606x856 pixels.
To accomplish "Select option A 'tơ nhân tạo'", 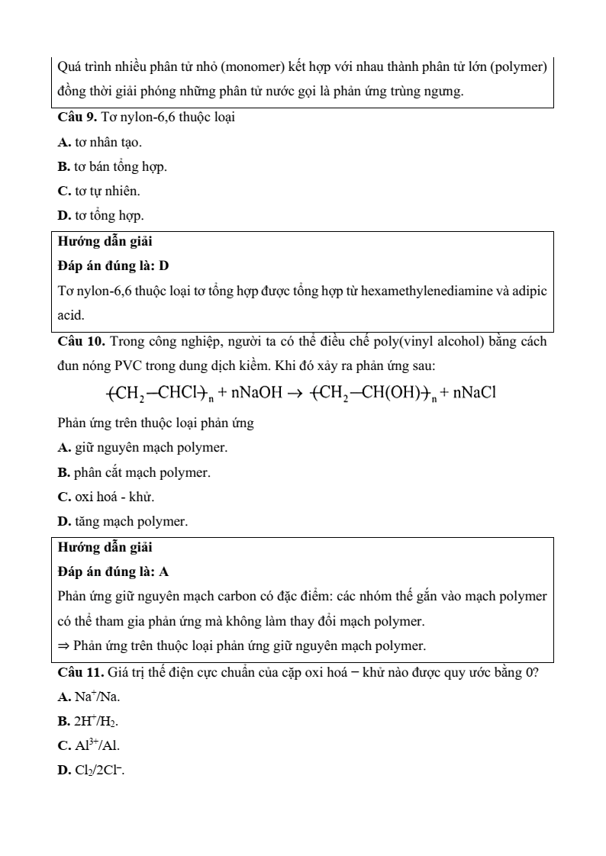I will [99, 143].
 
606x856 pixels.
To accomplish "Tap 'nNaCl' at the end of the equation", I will [474, 393].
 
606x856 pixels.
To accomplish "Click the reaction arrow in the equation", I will [293, 394].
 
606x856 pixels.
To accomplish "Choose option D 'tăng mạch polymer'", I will [123, 522].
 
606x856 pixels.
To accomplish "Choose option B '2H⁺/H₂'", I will [89, 721].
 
